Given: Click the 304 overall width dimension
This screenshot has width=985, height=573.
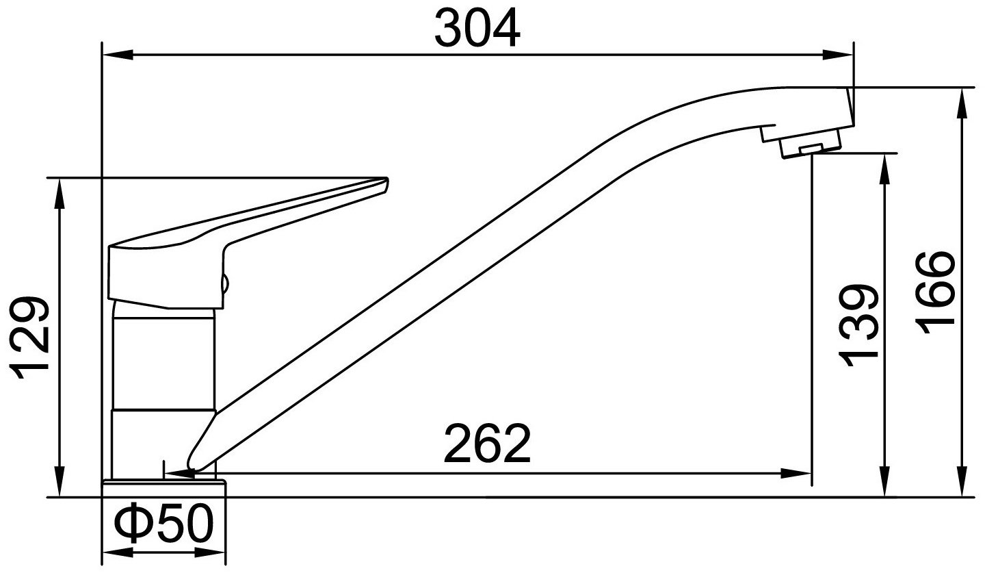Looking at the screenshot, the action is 477,29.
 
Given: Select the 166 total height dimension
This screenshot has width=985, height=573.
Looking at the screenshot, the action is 935,294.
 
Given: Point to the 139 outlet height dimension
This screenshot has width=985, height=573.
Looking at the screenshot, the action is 858,325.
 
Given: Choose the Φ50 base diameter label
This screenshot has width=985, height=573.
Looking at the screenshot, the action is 163,524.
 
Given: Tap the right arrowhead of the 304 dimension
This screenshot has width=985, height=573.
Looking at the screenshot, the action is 838,55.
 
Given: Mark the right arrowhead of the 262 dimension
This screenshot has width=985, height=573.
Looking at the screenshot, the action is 796,474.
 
